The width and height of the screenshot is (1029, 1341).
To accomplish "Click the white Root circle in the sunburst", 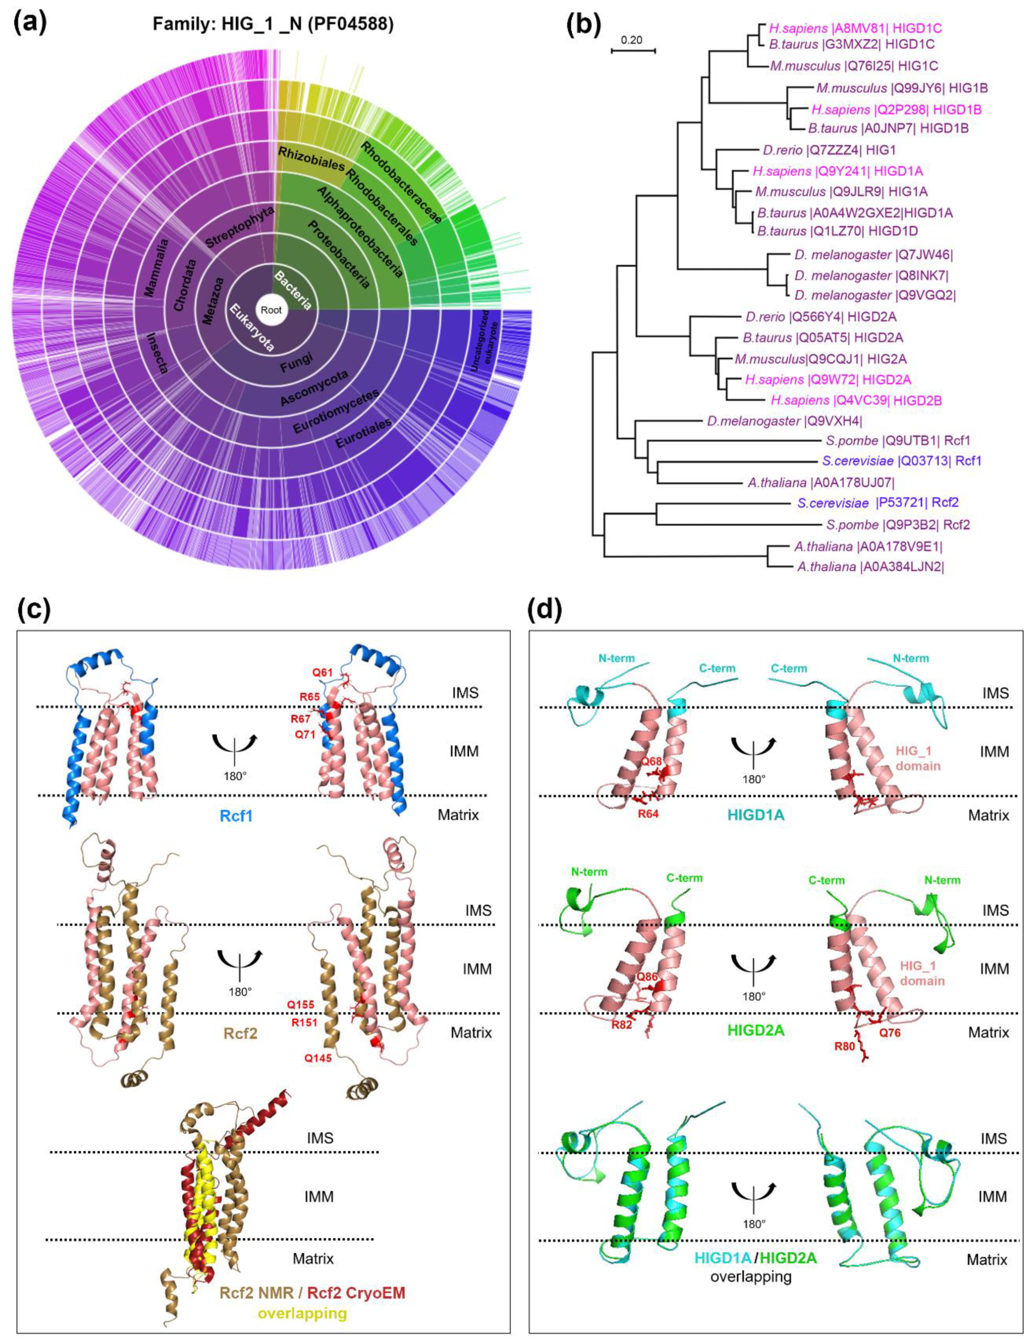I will [271, 310].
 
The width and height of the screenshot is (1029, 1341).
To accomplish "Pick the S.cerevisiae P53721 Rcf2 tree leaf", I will [878, 503].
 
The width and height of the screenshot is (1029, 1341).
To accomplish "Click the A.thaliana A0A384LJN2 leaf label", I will [870, 567].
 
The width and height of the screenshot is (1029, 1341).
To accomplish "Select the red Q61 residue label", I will [324, 673].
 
